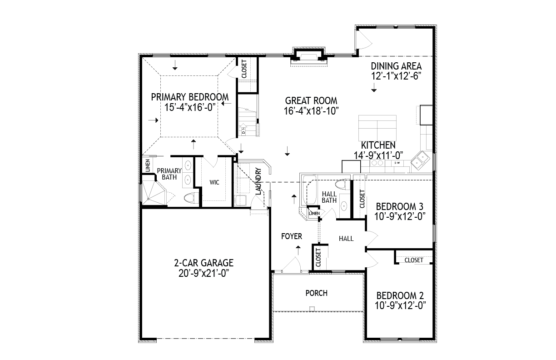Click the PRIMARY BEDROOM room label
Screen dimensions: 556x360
(190, 97)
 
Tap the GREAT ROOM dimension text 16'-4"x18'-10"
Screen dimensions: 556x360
(311, 111)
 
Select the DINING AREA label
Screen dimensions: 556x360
(396, 66)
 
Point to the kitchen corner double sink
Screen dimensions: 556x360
(420, 160)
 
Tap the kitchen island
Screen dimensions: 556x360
(377, 128)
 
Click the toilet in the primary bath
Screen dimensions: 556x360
(191, 198)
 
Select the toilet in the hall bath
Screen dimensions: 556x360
(343, 185)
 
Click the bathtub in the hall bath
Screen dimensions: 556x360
(309, 190)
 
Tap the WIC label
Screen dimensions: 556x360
(214, 182)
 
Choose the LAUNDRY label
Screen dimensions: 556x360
(258, 181)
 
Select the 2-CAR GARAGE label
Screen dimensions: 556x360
(204, 263)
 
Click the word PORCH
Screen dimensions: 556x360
(317, 293)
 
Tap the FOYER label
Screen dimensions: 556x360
(292, 236)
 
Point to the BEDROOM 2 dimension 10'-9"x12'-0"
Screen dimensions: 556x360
(400, 305)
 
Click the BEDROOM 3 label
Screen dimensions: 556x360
(400, 206)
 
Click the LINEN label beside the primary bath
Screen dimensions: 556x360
(148, 166)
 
